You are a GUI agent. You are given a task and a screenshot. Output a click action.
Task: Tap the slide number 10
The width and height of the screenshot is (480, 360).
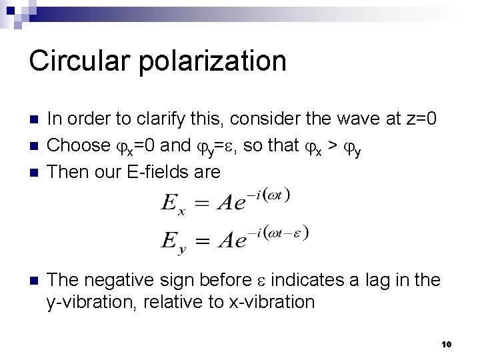coord(447,344)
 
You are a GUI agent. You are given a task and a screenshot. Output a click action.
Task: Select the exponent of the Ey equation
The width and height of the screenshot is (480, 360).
coord(281,233)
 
